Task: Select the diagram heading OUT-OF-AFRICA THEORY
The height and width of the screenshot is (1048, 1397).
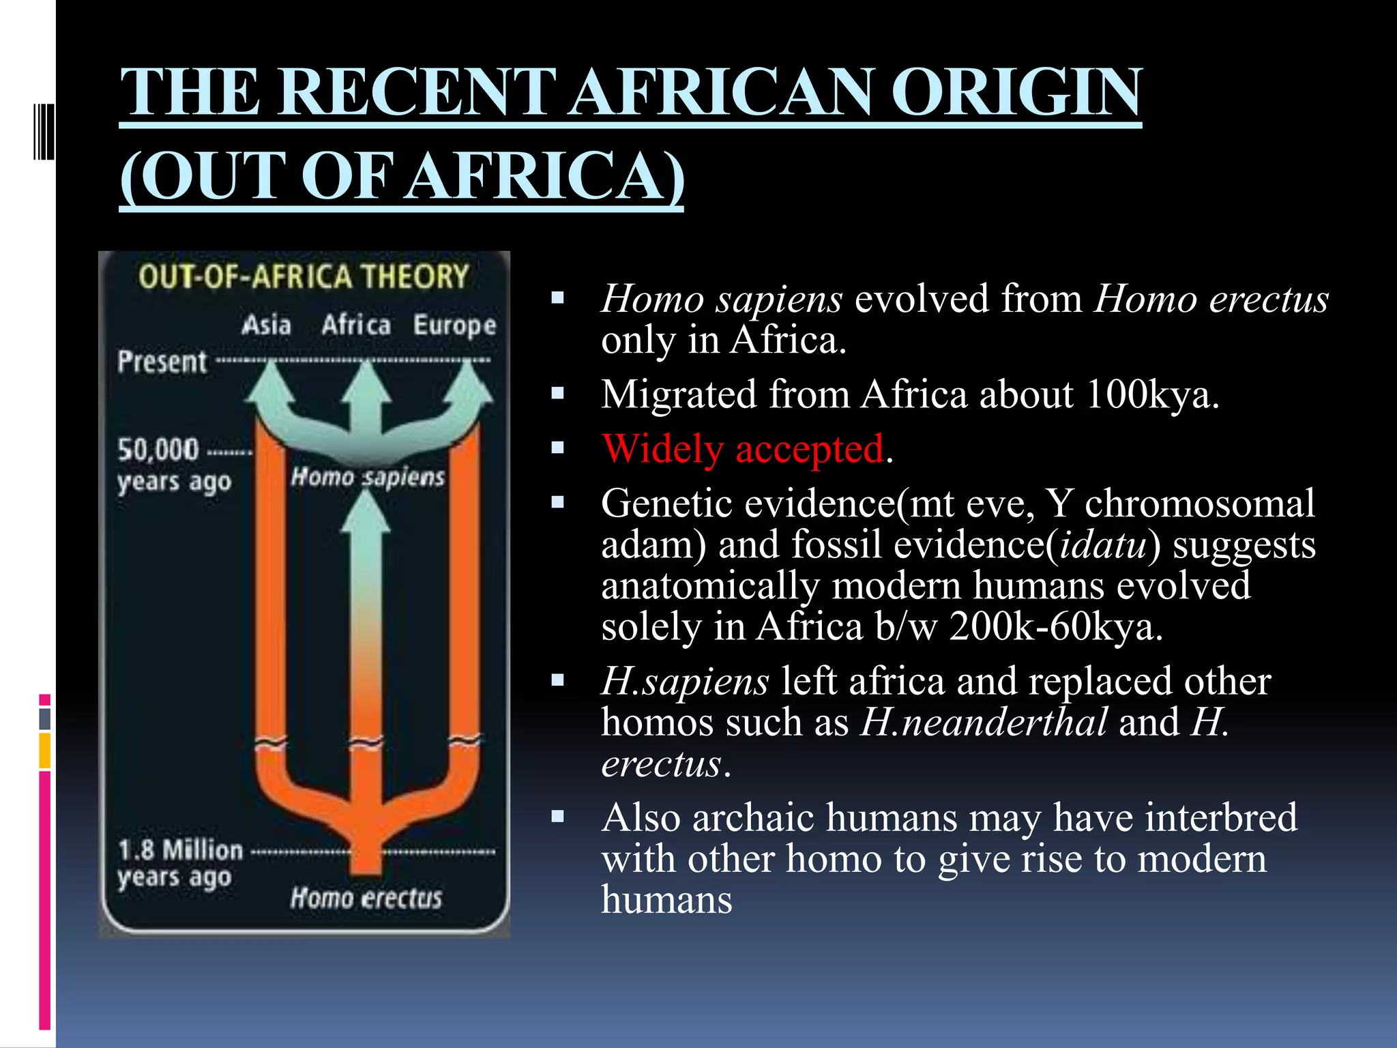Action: click(x=304, y=277)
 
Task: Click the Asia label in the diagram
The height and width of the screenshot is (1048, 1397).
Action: click(x=266, y=325)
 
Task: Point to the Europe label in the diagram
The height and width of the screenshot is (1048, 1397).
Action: click(x=454, y=325)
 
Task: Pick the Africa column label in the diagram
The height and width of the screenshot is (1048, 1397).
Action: click(x=356, y=325)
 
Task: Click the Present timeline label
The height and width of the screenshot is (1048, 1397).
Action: click(x=162, y=362)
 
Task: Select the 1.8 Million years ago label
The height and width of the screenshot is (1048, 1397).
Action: click(x=179, y=863)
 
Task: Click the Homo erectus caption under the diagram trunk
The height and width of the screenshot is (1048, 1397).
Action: click(x=366, y=898)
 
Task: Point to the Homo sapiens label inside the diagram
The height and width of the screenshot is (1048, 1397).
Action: click(x=368, y=476)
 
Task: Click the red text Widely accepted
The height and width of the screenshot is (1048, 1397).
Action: click(x=743, y=450)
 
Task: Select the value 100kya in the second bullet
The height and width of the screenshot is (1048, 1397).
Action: click(x=1147, y=394)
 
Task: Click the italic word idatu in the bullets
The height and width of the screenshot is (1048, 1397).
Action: click(x=1102, y=545)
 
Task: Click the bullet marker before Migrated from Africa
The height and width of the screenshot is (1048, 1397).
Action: click(x=558, y=394)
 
